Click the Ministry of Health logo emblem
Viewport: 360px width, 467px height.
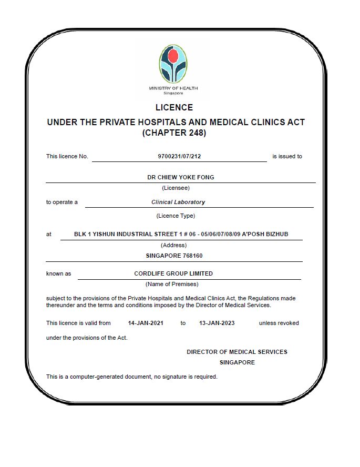coord(173,64)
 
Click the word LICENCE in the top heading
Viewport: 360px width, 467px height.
coord(174,107)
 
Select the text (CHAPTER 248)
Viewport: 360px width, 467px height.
coord(174,133)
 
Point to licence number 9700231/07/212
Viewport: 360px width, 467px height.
coord(179,156)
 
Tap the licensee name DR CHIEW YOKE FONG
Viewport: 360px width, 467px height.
coord(180,177)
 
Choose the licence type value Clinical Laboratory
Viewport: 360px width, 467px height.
coord(178,202)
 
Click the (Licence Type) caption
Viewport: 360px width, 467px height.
coord(176,216)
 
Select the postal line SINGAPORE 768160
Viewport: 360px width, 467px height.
coord(174,256)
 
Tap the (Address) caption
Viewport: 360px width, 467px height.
coord(173,245)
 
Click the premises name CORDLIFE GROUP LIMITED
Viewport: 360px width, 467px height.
coord(173,273)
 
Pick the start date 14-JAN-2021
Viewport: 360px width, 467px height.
coord(146,323)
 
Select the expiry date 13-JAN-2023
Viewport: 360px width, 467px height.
coord(217,323)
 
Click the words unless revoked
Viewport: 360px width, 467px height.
coord(279,323)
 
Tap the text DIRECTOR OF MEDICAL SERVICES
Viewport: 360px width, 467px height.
coord(237,352)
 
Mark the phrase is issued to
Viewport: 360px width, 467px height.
coord(287,156)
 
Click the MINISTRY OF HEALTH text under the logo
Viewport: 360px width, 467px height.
coord(173,88)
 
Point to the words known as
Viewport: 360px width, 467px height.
coord(58,273)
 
